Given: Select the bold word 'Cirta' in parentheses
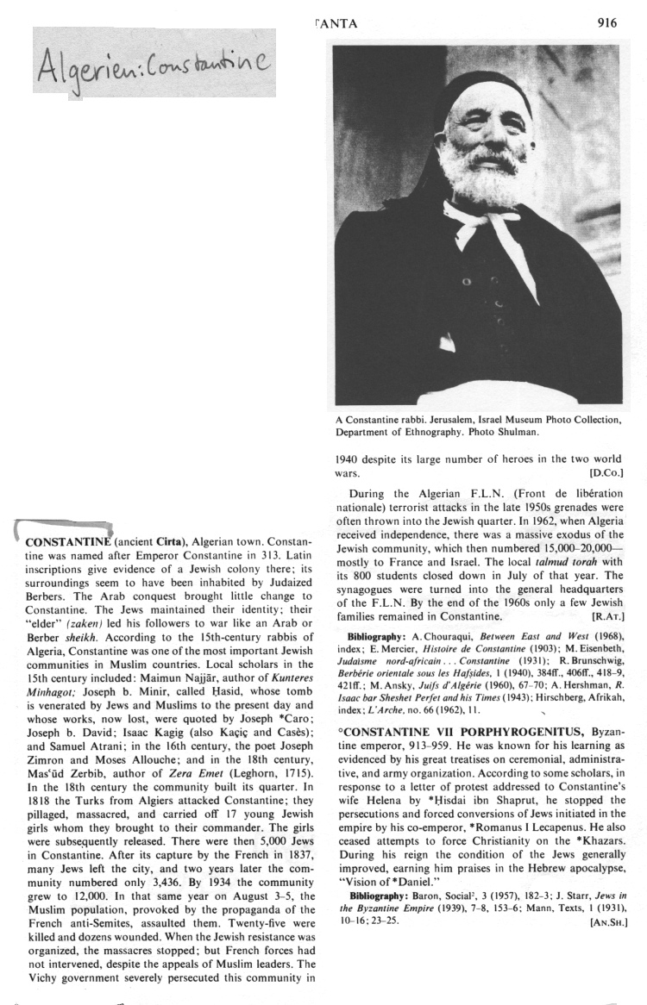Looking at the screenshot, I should (167, 542).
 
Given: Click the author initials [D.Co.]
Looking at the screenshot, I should (606, 473).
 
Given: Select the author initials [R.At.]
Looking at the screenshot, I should (607, 617).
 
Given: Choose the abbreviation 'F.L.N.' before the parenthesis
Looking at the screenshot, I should (467, 495).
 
